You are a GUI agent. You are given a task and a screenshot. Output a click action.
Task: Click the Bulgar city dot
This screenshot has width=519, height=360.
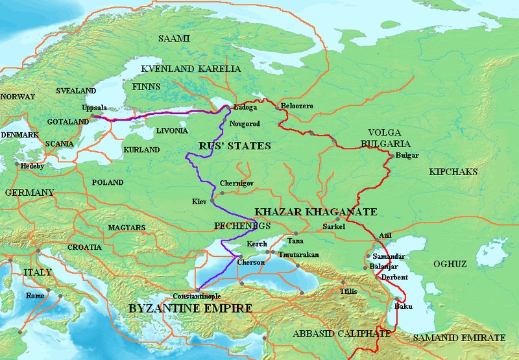pos(391,156)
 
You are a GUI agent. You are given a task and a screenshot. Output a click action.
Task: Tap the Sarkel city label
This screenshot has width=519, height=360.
pos(336,227)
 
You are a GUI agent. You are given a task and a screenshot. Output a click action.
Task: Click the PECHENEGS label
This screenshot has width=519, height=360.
pos(241,226)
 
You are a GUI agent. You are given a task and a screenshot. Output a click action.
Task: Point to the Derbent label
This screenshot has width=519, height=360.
pos(394,277)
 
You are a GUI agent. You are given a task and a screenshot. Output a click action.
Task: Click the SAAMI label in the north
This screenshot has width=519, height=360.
pos(175,39)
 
